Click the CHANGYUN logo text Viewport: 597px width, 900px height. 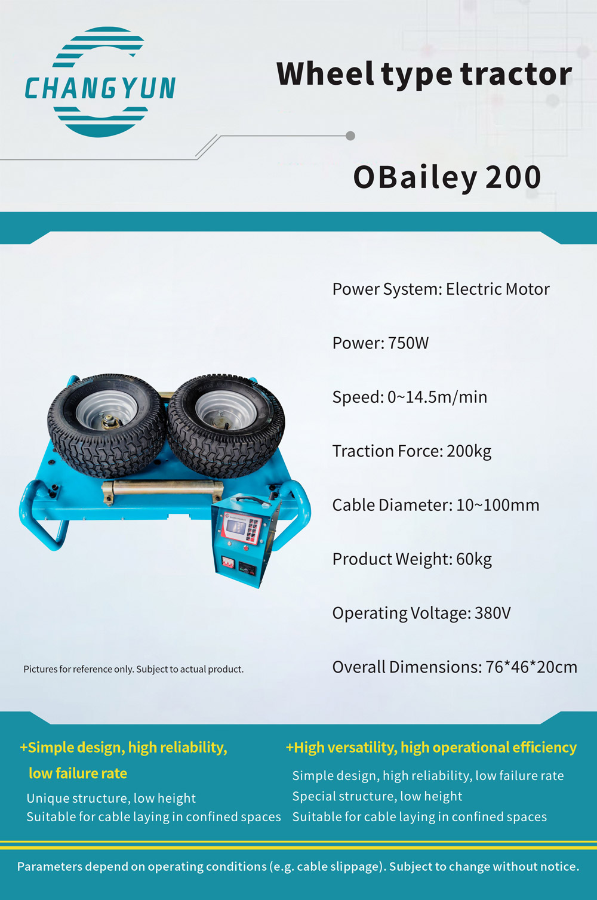click(100, 88)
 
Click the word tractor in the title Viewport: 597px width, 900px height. click(516, 75)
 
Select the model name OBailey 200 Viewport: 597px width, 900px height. click(447, 177)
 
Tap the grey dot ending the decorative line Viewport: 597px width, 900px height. click(350, 136)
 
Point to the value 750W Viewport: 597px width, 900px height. click(408, 343)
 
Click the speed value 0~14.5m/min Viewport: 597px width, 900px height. click(438, 397)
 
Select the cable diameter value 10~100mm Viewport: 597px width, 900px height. click(498, 505)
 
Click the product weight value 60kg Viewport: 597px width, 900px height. click(474, 559)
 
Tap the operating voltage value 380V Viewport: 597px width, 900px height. click(493, 613)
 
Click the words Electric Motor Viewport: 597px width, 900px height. click(498, 289)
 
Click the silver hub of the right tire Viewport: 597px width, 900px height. click(226, 411)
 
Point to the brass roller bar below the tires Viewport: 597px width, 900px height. click(162, 488)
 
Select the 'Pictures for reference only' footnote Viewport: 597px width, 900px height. click(134, 670)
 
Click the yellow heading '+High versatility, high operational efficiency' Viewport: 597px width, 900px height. click(431, 747)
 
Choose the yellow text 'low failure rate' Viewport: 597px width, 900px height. click(78, 773)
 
